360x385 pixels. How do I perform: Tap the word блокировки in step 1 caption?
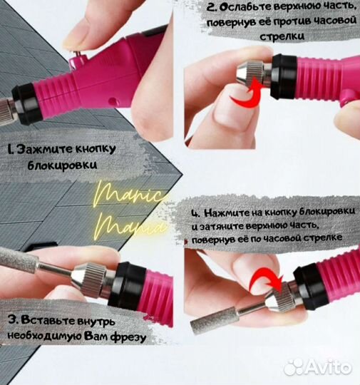(62, 165)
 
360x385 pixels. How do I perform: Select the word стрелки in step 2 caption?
(282, 36)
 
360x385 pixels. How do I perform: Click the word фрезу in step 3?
(128, 337)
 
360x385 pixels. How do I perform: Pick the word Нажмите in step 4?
(227, 213)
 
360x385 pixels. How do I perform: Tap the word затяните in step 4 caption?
(221, 227)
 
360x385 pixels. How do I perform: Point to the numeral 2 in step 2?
(211, 7)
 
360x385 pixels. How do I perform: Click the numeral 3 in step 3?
(12, 320)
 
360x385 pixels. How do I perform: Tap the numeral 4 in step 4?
(195, 213)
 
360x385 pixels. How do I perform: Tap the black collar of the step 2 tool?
(284, 76)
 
